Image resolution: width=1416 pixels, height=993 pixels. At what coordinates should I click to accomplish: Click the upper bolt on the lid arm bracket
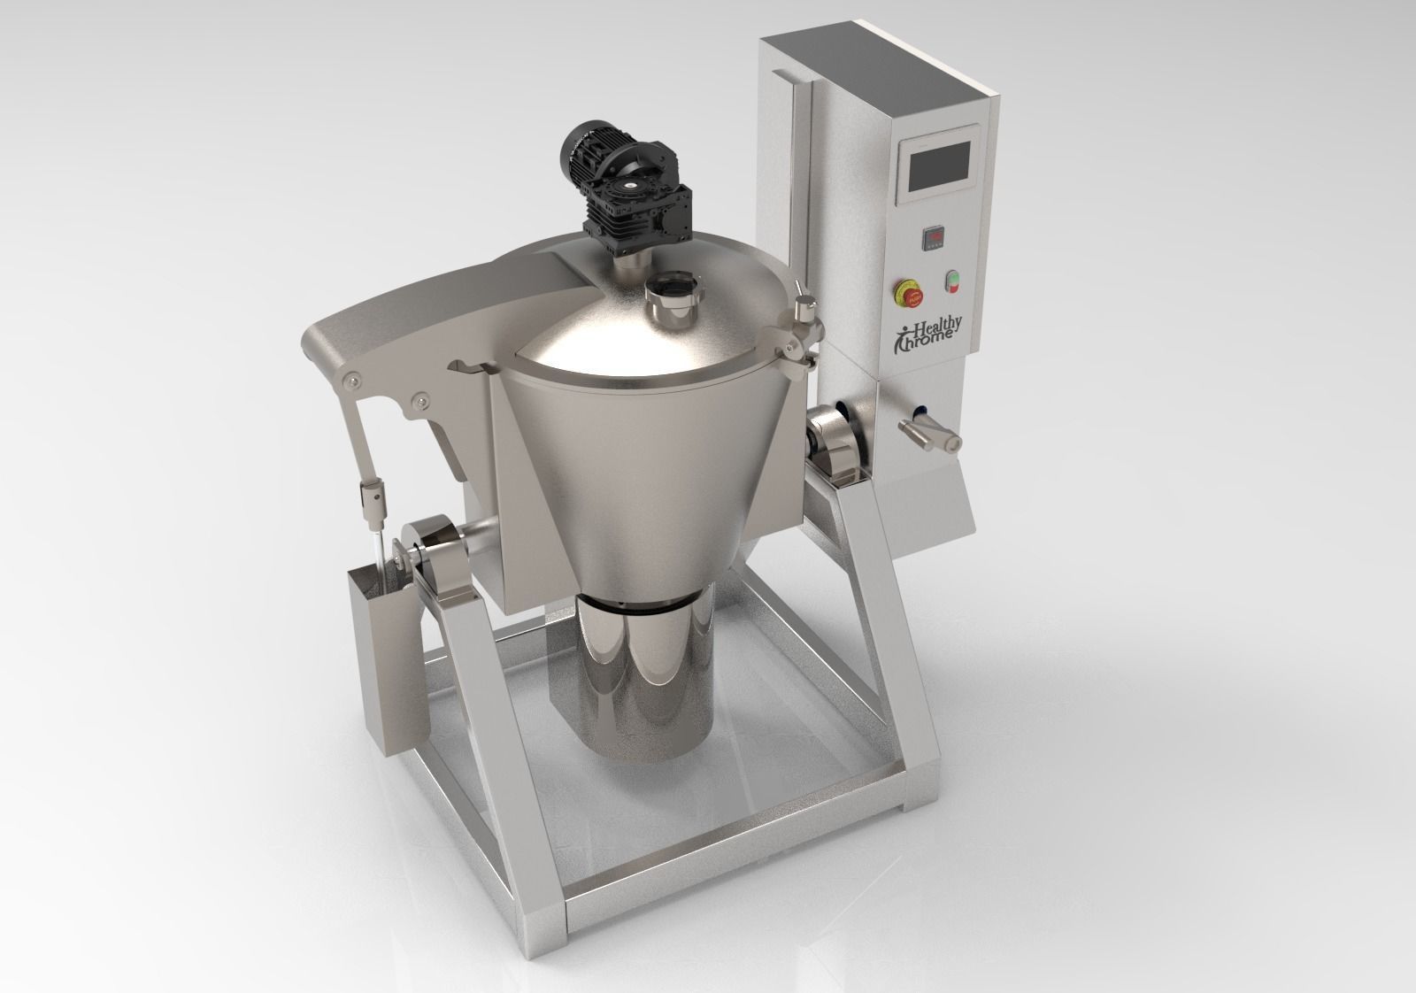coord(352,381)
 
